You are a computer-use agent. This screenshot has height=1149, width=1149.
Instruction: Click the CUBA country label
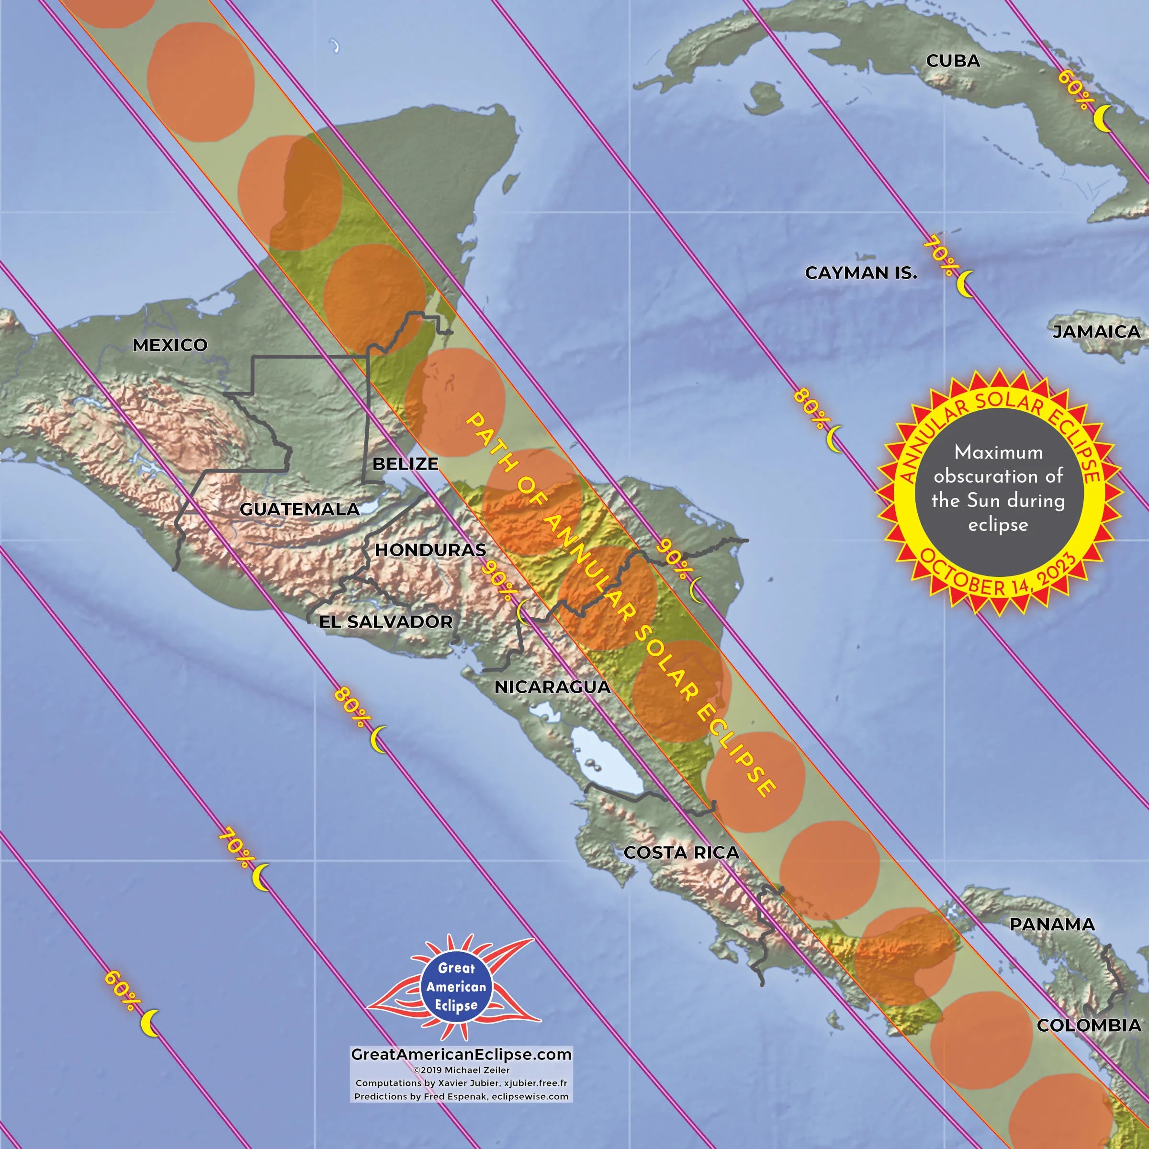(x=953, y=61)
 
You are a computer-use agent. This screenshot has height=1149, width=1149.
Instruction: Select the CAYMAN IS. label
(x=861, y=273)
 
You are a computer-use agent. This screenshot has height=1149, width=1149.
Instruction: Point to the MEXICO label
(x=169, y=345)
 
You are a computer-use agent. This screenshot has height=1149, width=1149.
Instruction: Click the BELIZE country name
(x=405, y=463)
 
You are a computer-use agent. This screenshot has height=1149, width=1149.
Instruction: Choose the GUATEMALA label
(x=299, y=509)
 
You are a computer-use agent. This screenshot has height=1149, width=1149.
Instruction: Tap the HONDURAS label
(x=430, y=550)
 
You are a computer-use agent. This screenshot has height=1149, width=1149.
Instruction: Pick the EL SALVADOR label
(x=386, y=622)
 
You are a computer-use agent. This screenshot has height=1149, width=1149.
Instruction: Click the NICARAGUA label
(x=552, y=687)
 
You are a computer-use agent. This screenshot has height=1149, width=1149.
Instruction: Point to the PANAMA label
(x=1052, y=924)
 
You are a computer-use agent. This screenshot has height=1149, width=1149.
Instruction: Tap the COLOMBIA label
(x=1089, y=1025)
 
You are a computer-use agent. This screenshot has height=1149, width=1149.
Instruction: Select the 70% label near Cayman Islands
(x=939, y=256)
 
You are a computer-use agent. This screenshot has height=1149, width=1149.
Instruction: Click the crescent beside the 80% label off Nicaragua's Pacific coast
(x=378, y=739)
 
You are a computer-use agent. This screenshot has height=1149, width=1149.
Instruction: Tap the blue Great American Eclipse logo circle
(x=456, y=987)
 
